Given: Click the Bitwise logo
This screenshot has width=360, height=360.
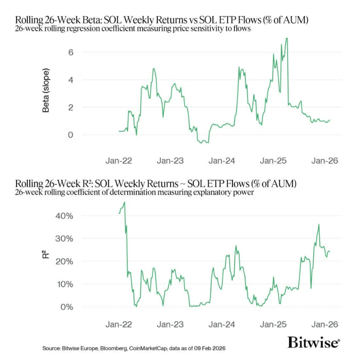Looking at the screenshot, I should pyautogui.click(x=314, y=343).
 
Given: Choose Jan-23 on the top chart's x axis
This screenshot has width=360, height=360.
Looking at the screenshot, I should pyautogui.click(x=170, y=161).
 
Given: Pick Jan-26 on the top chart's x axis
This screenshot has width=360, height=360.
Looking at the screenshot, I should pyautogui.click(x=324, y=161).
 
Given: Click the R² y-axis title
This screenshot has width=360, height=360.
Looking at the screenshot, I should pyautogui.click(x=46, y=255).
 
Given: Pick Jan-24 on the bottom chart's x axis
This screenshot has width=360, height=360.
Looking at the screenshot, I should pyautogui.click(x=221, y=325).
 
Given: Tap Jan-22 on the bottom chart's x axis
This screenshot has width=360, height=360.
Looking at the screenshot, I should pyautogui.click(x=119, y=325).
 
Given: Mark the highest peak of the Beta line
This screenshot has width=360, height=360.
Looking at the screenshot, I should pyautogui.click(x=287, y=39).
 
